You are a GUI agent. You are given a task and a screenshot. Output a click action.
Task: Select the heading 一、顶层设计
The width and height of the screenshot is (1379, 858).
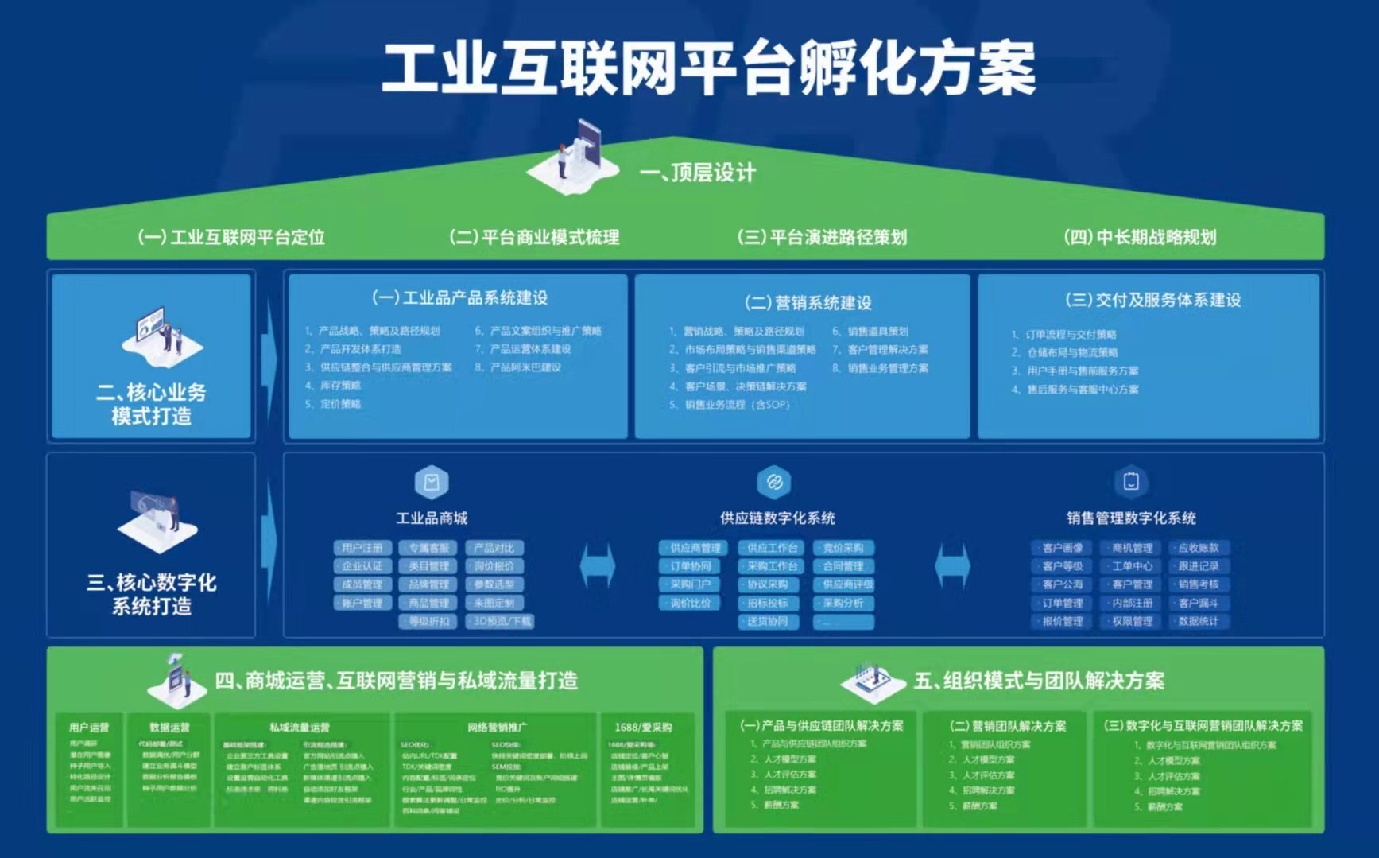tap(697, 173)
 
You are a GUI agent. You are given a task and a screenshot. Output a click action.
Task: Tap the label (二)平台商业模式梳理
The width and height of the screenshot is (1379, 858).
tap(534, 237)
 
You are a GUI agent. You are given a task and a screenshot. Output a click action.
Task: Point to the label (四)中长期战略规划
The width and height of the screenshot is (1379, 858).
tap(1140, 237)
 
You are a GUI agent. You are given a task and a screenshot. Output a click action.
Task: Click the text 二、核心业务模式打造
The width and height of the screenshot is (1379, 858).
tap(151, 404)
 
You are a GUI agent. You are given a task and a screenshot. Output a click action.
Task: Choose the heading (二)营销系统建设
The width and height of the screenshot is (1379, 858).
tap(808, 302)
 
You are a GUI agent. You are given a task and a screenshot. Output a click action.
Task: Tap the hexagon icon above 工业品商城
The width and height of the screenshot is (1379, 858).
tap(432, 482)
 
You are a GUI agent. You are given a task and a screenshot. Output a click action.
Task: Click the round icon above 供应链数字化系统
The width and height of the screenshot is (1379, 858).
tap(774, 482)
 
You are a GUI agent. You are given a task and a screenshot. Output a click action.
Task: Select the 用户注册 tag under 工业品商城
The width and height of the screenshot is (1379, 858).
tap(362, 548)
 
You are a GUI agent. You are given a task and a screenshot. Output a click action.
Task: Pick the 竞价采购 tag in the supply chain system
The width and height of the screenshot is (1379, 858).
tap(843, 548)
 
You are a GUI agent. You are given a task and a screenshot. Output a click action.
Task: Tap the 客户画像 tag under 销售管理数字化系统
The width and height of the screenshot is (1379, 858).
tap(1063, 548)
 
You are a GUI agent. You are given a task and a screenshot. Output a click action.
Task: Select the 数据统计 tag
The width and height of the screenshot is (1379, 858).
tap(1199, 621)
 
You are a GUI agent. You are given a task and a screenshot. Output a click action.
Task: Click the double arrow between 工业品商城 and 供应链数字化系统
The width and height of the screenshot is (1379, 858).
tap(598, 566)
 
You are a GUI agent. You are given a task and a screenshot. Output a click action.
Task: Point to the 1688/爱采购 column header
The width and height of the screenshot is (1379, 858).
tap(643, 727)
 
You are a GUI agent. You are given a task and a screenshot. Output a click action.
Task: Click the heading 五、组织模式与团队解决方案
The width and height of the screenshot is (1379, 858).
tap(1038, 681)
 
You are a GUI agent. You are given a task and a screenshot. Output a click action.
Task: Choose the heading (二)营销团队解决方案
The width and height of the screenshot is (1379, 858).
tap(1008, 726)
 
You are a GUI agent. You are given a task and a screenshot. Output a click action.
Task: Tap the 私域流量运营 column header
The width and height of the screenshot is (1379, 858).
tap(299, 727)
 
